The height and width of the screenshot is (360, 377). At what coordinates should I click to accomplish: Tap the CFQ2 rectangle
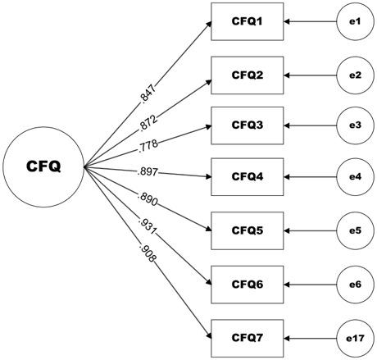(x=248, y=75)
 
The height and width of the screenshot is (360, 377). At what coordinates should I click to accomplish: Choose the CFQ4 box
(x=248, y=175)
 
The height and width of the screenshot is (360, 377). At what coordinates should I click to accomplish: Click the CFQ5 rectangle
(x=248, y=230)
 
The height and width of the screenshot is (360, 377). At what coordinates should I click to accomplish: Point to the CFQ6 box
(x=248, y=283)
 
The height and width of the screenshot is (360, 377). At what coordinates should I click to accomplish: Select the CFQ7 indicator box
(x=248, y=336)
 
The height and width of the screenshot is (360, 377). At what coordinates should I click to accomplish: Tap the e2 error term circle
(x=354, y=75)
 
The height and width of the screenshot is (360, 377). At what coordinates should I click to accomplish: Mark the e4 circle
(x=354, y=175)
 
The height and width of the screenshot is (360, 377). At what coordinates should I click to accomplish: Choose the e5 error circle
(x=354, y=230)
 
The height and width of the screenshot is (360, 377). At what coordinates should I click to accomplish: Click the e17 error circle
(x=354, y=336)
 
